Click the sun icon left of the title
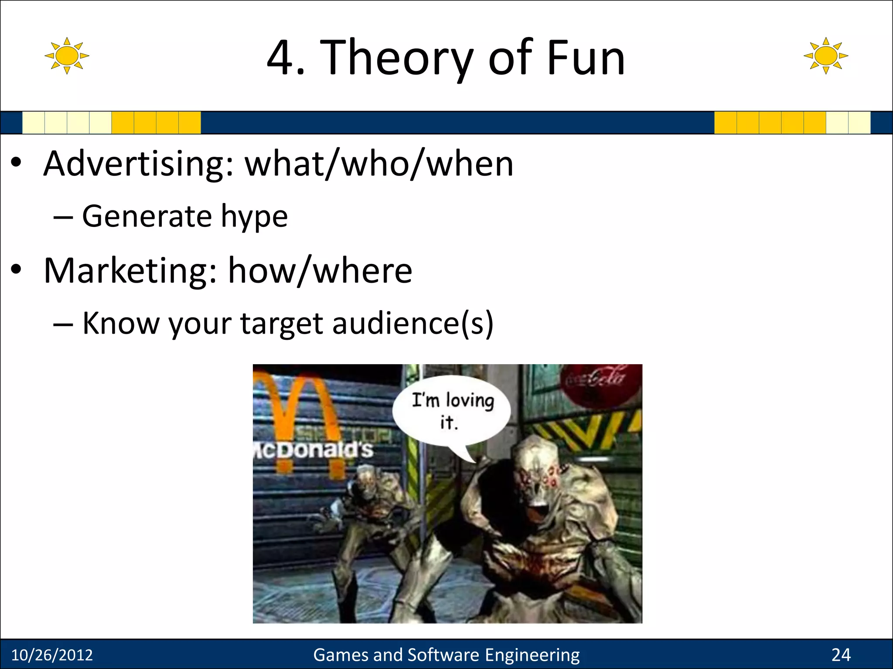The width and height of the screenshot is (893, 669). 67,56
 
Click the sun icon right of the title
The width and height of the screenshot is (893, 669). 826,56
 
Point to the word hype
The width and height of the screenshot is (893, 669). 254,216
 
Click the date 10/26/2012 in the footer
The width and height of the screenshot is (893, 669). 52,655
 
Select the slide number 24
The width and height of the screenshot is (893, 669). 841,655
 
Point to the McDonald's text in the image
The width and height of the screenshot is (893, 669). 314,449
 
